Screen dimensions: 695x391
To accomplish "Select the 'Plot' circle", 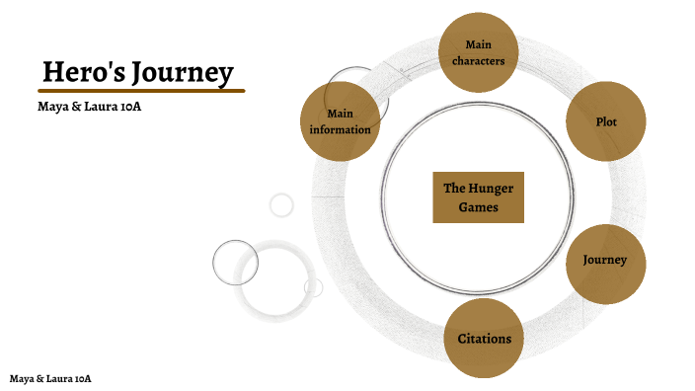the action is (606, 122).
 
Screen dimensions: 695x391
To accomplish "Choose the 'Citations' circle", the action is (484, 340).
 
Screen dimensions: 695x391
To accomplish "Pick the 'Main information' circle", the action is (340, 122).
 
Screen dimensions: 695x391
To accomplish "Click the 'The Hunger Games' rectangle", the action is (478, 197).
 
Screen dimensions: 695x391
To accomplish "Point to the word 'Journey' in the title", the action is (182, 72).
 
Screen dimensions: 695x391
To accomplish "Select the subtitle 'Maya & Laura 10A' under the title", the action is (83, 106).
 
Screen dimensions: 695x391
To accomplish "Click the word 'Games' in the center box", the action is (478, 208).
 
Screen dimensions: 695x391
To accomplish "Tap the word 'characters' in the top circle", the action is (478, 62).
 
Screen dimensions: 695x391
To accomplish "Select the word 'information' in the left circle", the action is (340, 130).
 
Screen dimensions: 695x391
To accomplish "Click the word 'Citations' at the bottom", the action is (484, 340).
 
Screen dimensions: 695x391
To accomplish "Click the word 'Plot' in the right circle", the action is (606, 122).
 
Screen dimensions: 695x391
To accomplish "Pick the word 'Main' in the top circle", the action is (478, 44).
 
